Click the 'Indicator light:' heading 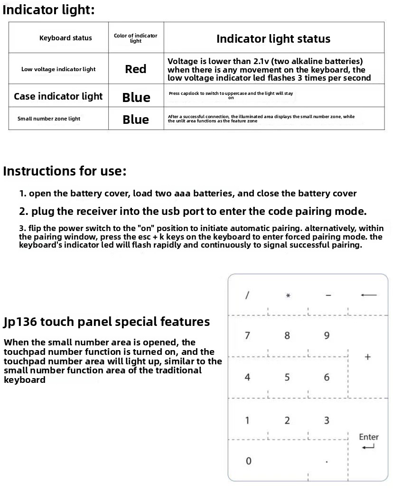[49, 10]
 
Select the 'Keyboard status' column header [65, 38]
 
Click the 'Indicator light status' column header [273, 39]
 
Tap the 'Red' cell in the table [136, 69]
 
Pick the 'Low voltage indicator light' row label [58, 69]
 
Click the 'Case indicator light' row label [58, 96]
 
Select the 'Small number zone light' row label [49, 119]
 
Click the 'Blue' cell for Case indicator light [136, 97]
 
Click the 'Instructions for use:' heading [65, 171]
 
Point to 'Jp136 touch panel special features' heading [106, 322]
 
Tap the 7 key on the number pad [247, 335]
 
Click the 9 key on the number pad [327, 335]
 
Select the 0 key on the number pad [248, 461]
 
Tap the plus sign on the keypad [367, 357]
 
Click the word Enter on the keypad [369, 437]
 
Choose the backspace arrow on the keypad [368, 295]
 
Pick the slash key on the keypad [247, 295]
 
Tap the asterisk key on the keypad [288, 296]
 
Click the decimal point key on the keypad [327, 461]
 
